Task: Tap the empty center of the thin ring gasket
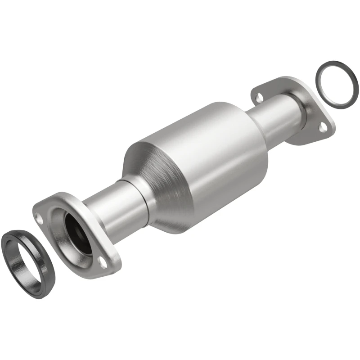[x=337, y=84]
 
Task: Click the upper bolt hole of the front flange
[x=40, y=208]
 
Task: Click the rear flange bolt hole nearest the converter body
[x=258, y=96]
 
